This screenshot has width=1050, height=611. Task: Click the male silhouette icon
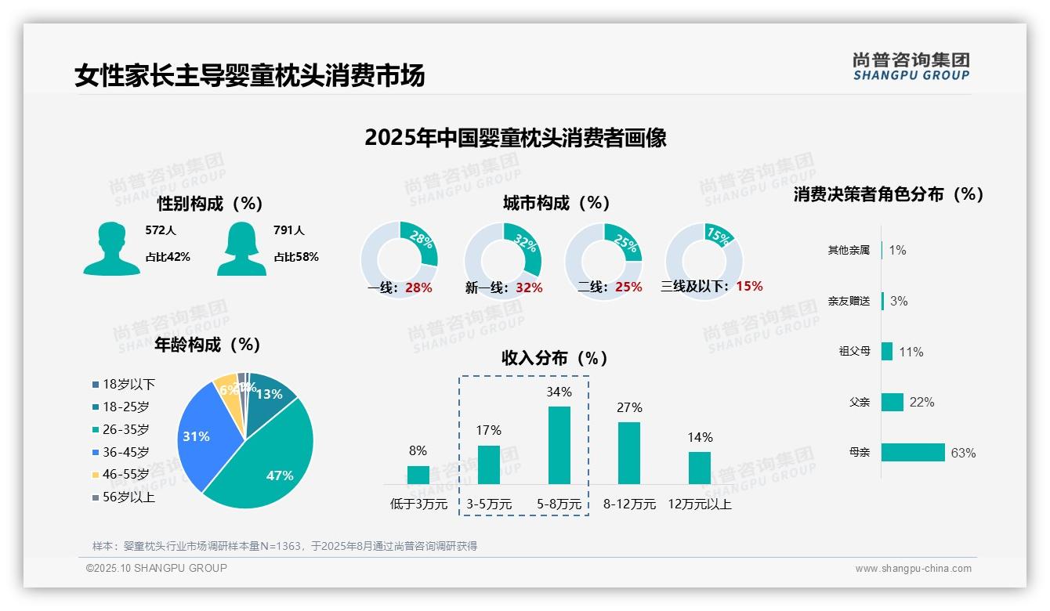(111, 248)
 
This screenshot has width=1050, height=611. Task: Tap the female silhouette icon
(241, 248)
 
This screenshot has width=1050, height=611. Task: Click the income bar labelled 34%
(559, 445)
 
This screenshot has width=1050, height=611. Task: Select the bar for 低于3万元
(418, 475)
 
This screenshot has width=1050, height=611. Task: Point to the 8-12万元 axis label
(629, 504)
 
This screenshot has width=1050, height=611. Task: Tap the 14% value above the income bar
(700, 437)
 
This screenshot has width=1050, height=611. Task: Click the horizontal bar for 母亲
(913, 453)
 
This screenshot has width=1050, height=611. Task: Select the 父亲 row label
(860, 402)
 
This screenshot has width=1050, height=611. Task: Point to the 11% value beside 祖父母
(911, 352)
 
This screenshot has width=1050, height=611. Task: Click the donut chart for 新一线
(502, 260)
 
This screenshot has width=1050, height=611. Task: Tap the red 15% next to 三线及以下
(749, 286)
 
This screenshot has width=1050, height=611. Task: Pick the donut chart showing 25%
(603, 260)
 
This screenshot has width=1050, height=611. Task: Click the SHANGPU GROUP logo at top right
(911, 67)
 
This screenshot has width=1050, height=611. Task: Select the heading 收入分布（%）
(555, 358)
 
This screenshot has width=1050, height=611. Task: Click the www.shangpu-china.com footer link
(913, 569)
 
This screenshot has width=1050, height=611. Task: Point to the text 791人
(288, 230)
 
